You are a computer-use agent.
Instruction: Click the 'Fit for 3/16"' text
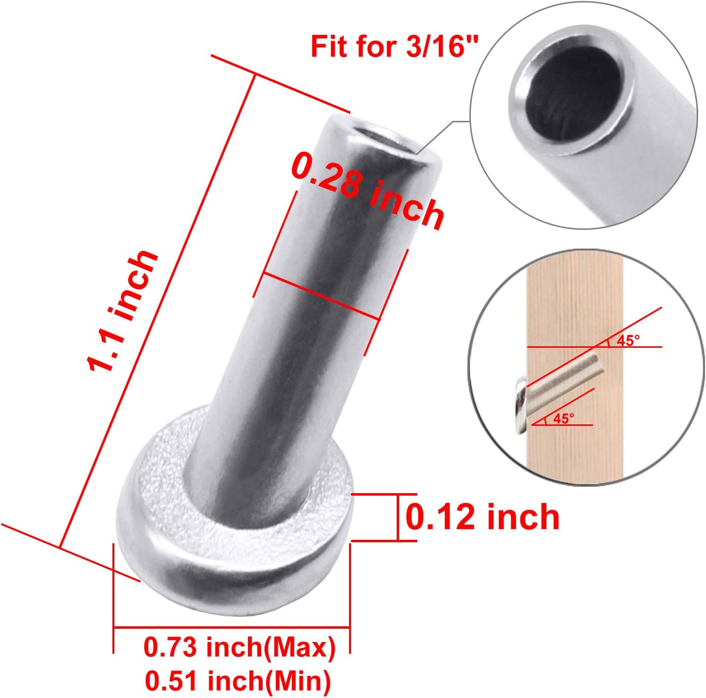[394, 47]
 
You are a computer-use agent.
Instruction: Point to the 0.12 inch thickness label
[483, 518]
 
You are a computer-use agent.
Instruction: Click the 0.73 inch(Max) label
[240, 647]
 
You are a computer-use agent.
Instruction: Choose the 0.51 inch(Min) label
[238, 680]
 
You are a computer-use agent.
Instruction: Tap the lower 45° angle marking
[563, 418]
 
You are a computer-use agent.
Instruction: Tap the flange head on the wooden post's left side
[519, 406]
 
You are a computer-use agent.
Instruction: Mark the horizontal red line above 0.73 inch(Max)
[231, 627]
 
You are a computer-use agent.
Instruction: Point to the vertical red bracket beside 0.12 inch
[397, 517]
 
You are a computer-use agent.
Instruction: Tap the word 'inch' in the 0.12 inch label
[522, 518]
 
